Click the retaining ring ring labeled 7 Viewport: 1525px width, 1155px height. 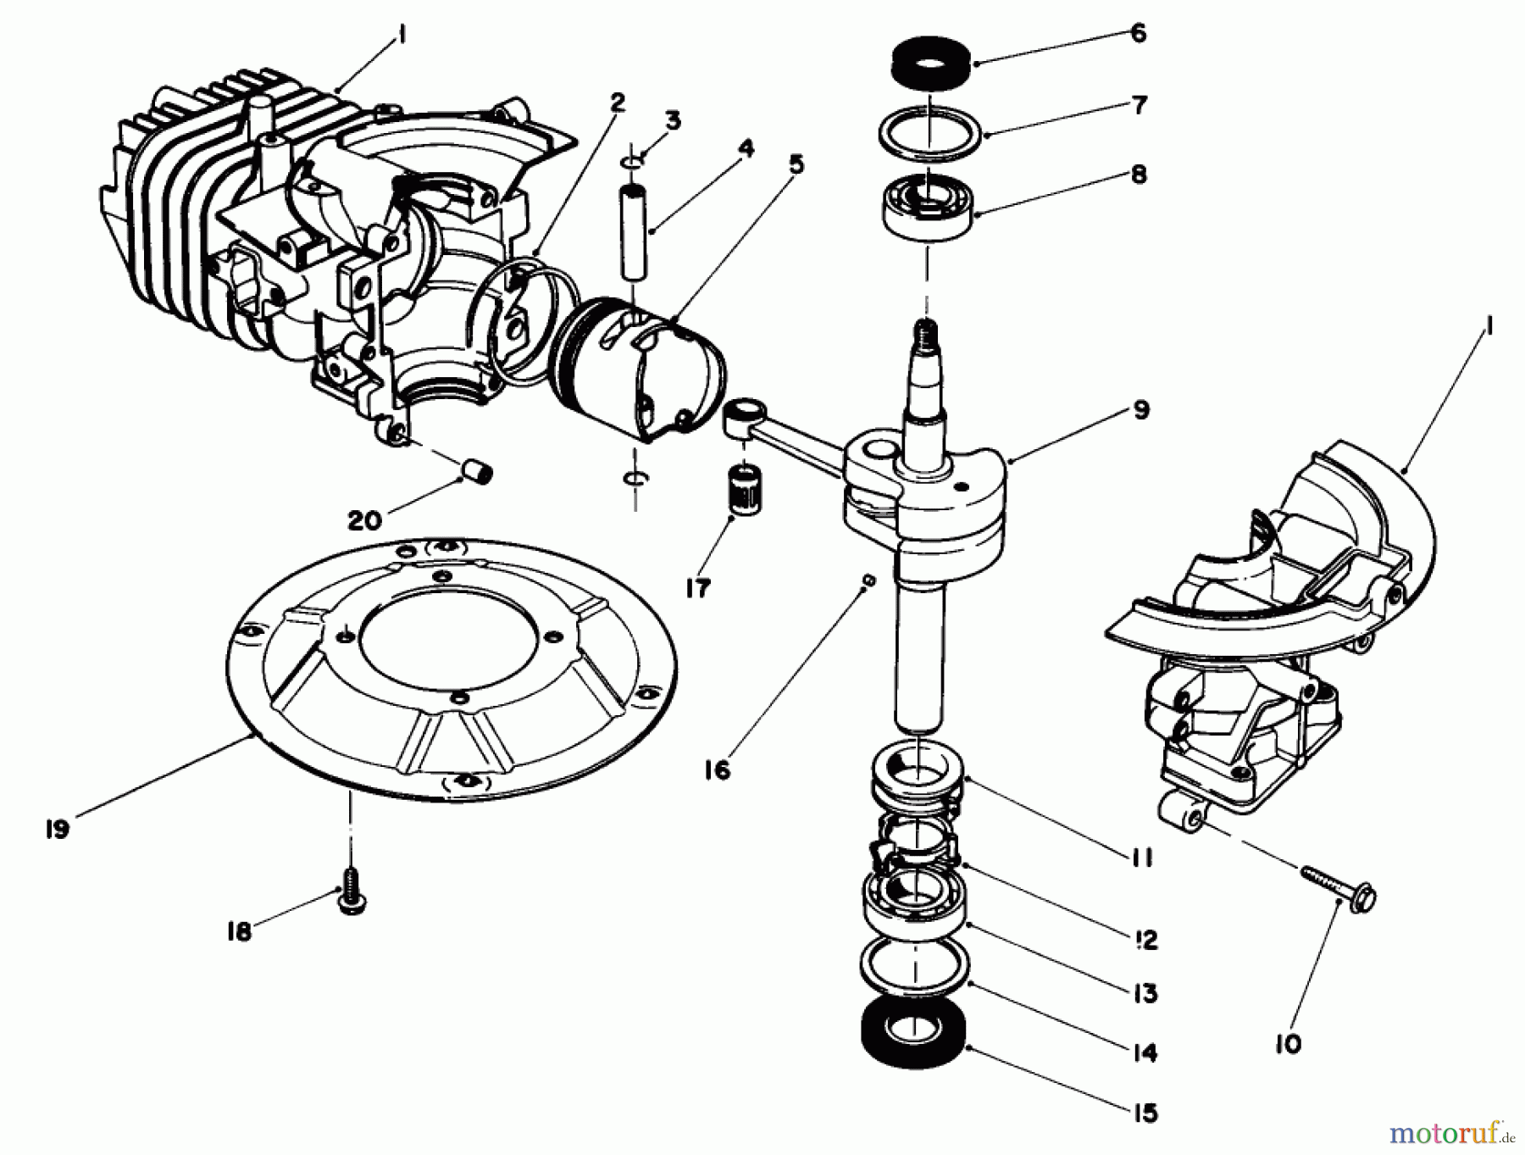(x=929, y=132)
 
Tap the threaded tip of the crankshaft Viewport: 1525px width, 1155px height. (x=925, y=329)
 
